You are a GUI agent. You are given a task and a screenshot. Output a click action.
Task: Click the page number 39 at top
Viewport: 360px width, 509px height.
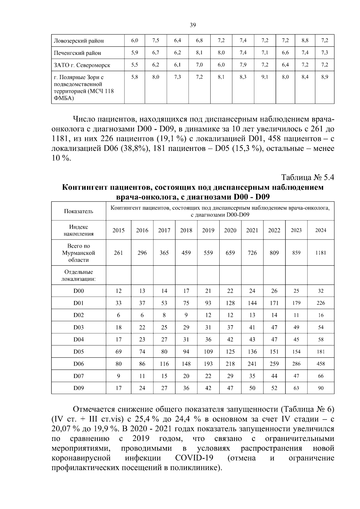[193, 25]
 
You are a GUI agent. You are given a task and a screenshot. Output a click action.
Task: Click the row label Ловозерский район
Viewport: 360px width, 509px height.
[79, 41]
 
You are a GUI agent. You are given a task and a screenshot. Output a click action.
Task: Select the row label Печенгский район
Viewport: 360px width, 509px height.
[77, 53]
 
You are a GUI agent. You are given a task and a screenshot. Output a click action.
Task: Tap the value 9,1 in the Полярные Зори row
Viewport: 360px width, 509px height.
[265, 77]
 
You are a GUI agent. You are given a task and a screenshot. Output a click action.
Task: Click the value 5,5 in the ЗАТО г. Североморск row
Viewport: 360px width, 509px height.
[135, 65]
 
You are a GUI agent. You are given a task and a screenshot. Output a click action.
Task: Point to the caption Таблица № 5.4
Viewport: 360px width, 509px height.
[307, 177]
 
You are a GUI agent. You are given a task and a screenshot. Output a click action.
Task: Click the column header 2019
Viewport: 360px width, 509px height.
[208, 230]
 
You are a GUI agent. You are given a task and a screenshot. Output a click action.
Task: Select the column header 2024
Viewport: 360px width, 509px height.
[321, 230]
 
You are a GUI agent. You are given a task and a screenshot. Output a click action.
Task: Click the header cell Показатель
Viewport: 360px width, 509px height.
[79, 211]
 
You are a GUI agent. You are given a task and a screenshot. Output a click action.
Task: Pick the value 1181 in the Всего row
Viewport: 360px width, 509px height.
[321, 253]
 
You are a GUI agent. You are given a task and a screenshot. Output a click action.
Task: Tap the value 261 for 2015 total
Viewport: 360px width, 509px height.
[118, 253]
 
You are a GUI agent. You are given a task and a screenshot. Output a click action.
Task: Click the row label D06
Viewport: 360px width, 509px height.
[79, 364]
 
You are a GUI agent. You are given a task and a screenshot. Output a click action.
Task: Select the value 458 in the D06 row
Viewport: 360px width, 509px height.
[321, 364]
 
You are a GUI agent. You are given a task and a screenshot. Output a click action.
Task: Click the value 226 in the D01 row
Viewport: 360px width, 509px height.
[321, 303]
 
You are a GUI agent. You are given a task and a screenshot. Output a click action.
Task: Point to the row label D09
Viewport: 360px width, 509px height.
[79, 388]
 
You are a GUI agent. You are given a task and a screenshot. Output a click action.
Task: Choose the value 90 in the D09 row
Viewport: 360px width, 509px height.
[321, 388]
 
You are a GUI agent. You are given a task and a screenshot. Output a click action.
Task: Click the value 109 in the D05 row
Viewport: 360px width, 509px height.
[208, 352]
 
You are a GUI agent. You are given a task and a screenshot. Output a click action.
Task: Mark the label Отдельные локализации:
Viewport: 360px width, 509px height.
[79, 275]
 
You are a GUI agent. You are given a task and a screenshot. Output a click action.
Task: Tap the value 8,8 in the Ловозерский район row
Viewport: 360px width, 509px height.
[305, 40]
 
